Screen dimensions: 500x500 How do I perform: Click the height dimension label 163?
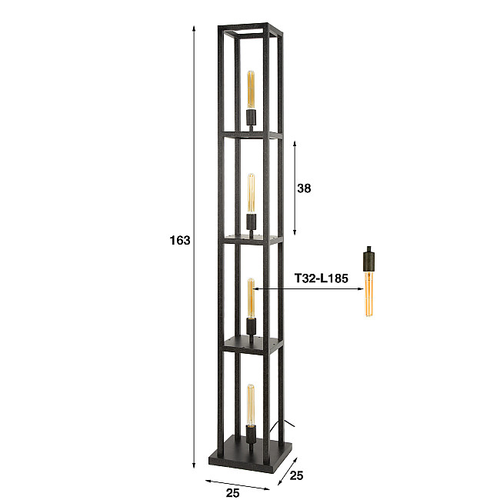(179, 241)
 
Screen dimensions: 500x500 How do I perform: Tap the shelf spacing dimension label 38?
(304, 188)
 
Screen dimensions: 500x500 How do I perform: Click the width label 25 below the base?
(234, 492)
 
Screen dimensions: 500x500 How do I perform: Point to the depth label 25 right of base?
(296, 476)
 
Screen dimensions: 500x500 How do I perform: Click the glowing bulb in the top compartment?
(250, 91)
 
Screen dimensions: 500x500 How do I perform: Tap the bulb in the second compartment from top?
(251, 194)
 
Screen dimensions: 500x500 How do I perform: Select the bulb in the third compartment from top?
(251, 296)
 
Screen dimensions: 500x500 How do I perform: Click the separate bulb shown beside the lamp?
(368, 292)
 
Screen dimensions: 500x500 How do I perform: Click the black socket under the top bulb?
(250, 118)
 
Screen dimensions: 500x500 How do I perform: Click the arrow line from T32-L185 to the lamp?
(308, 289)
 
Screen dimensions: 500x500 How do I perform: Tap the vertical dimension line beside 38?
(295, 188)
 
